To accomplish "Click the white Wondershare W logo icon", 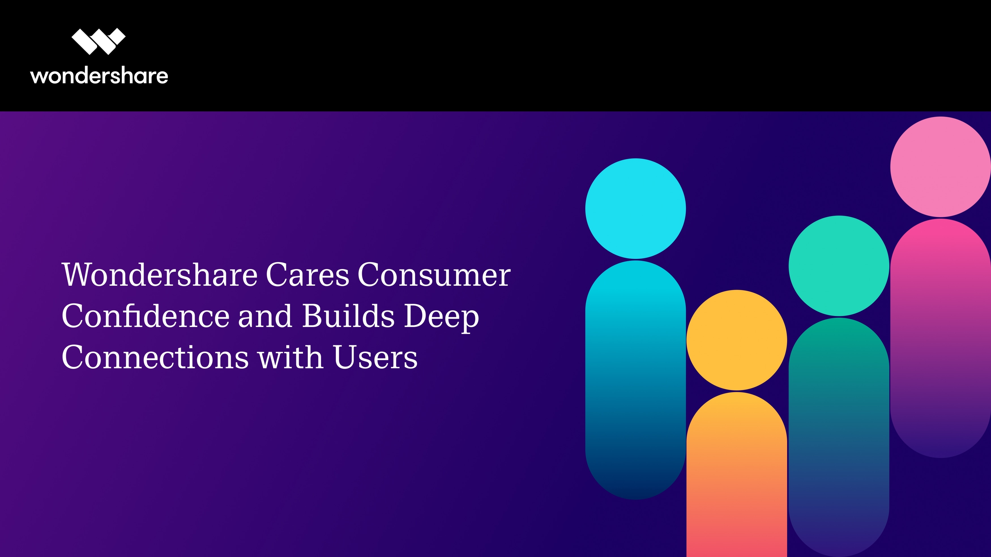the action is click(x=99, y=42).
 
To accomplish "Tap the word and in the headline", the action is click(x=265, y=316).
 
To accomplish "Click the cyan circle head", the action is click(x=636, y=208).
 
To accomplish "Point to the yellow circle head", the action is click(x=737, y=340).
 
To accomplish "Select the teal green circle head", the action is click(x=839, y=266).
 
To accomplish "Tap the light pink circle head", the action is click(x=941, y=167).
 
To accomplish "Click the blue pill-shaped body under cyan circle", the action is click(x=636, y=380).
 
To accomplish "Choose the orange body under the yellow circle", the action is click(x=737, y=475).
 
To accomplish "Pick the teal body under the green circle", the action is click(x=839, y=437).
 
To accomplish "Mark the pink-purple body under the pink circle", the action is click(x=941, y=338).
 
